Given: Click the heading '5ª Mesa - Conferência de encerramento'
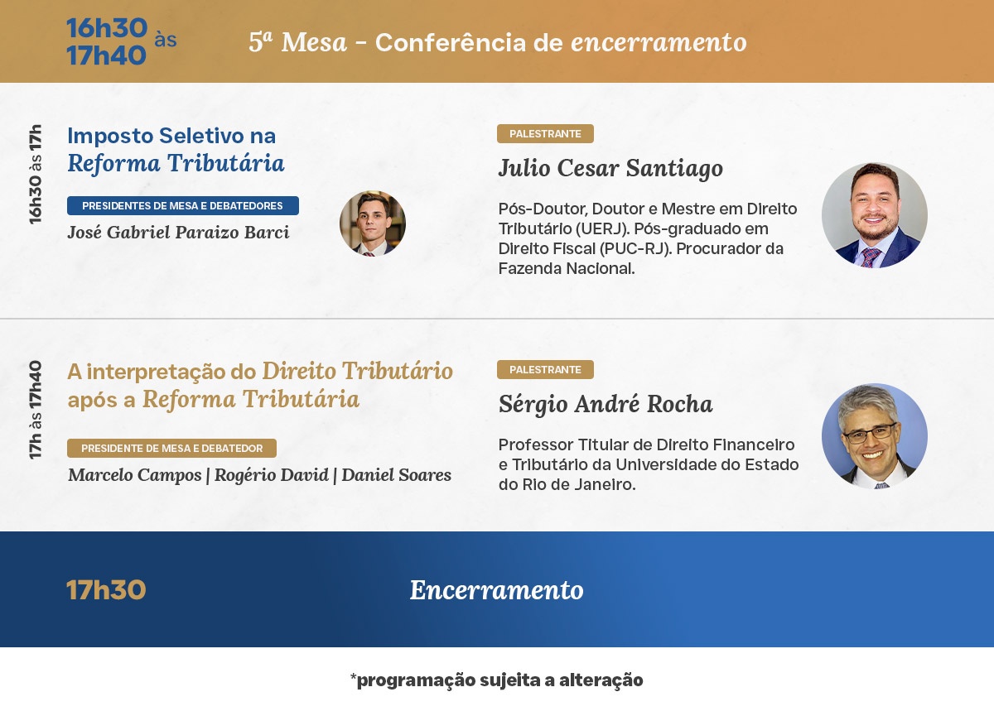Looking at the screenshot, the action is point(498,42).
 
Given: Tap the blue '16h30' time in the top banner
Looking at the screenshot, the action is point(107,28).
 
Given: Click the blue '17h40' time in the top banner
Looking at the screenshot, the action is point(107,55).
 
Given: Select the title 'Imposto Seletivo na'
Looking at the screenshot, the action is point(171,136).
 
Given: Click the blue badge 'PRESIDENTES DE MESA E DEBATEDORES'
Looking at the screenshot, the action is point(183,206).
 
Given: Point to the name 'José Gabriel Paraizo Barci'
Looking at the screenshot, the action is point(178,233).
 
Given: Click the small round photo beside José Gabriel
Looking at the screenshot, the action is point(373,223).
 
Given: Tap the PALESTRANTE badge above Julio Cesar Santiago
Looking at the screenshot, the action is point(545,133).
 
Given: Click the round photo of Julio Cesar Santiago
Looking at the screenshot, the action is point(875,215).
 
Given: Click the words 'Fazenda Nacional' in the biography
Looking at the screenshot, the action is point(567,269).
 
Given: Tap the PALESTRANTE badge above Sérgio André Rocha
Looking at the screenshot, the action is point(545,370).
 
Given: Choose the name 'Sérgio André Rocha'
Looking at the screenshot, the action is point(606,404).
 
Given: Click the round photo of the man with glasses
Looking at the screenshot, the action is point(875,436).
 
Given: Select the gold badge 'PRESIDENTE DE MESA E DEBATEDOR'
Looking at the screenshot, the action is point(171,448).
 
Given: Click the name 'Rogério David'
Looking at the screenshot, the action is point(272,475).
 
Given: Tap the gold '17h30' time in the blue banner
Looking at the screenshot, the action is point(106,590).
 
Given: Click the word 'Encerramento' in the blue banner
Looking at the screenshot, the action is point(496,590).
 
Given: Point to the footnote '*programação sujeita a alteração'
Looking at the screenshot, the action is point(496,680).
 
